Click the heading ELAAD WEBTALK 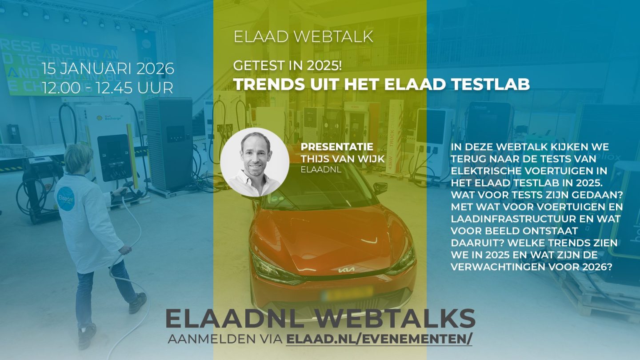coord(303,36)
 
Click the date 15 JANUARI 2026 coord(108,68)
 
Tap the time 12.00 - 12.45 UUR coord(108,88)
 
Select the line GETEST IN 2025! coord(288,66)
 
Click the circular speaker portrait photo coord(255,162)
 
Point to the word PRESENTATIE coord(337,147)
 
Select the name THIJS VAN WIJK coord(343,159)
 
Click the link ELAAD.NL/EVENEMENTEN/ coord(379,339)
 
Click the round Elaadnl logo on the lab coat coord(66,199)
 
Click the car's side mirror coord(380,187)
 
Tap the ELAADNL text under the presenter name coord(321,170)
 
